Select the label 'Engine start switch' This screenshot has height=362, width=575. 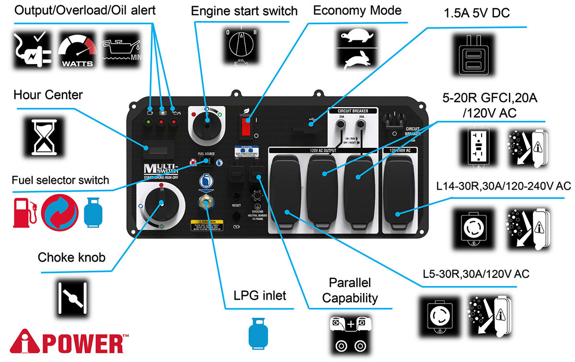[x=244, y=11]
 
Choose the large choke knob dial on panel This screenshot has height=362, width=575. [x=161, y=204]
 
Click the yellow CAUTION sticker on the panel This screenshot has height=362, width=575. [x=208, y=226]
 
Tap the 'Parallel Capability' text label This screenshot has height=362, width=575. [x=350, y=290]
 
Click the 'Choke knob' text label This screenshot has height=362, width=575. [x=72, y=258]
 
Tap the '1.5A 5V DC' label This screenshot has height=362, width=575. [x=477, y=13]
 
